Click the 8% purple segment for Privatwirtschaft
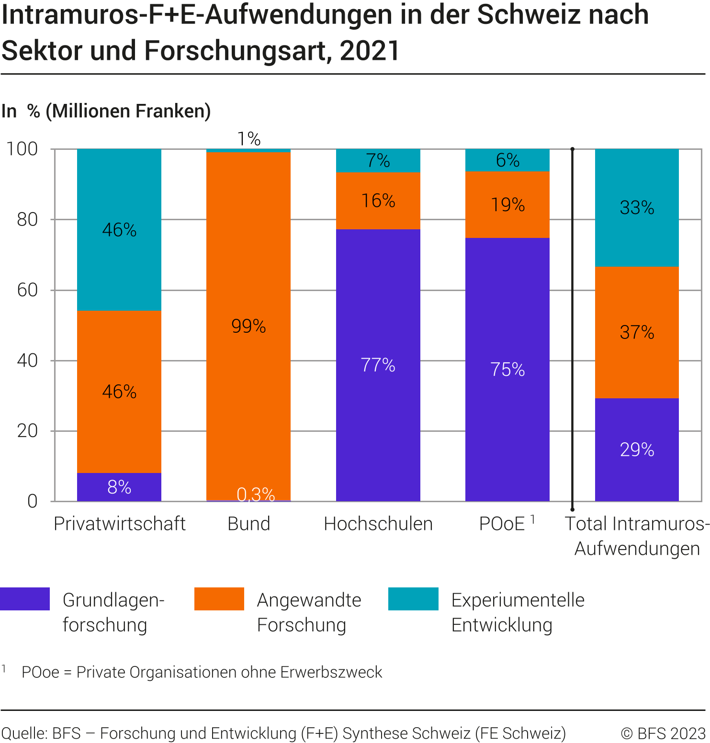click(119, 487)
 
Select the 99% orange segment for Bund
click(248, 326)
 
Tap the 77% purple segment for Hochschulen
click(378, 365)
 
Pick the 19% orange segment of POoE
click(507, 204)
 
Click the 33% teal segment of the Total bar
click(637, 207)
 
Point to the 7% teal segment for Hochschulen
click(378, 160)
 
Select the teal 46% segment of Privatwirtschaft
click(119, 230)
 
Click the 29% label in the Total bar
click(637, 450)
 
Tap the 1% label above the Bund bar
click(249, 139)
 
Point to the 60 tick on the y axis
click(27, 290)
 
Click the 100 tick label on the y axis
click(22, 149)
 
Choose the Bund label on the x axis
click(248, 524)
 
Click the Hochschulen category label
click(378, 524)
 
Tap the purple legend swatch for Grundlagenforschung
click(25, 599)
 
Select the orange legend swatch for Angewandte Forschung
click(219, 599)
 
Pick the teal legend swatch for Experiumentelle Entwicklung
click(413, 599)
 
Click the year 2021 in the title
click(370, 51)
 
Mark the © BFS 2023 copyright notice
click(663, 733)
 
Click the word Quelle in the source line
click(23, 733)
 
